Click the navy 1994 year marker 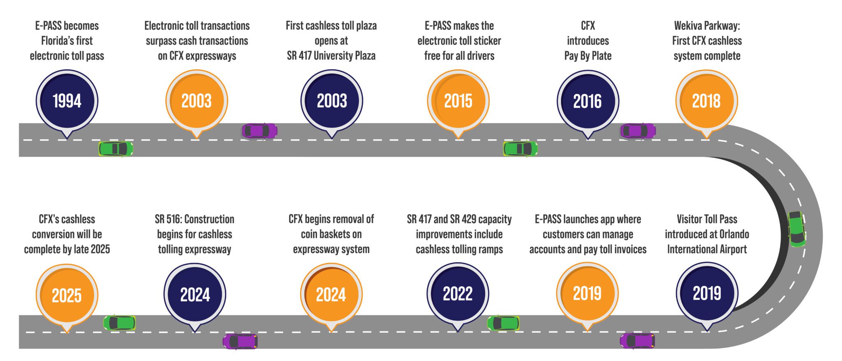click(x=67, y=101)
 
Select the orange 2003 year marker click(x=197, y=101)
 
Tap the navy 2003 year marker click(x=331, y=101)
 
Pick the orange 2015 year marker click(x=458, y=101)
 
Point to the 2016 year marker click(x=588, y=101)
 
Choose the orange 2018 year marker click(x=706, y=101)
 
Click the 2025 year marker click(x=67, y=295)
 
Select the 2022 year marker click(x=458, y=293)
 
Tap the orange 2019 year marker click(x=587, y=293)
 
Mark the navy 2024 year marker click(x=195, y=294)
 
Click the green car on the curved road click(x=796, y=229)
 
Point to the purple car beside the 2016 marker click(x=638, y=131)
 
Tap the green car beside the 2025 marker click(x=119, y=323)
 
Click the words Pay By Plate click(x=588, y=56)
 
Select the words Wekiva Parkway click(x=706, y=26)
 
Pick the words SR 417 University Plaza click(x=331, y=56)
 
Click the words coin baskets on click(x=331, y=234)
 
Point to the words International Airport click(x=706, y=249)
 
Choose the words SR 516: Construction click(x=194, y=219)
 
